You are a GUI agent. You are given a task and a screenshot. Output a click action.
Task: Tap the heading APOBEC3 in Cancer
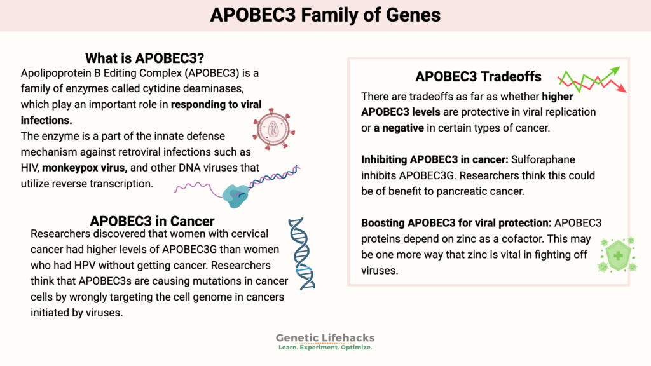pyautogui.click(x=152, y=221)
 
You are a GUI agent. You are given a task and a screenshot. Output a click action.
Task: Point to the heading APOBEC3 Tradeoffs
pyautogui.click(x=478, y=77)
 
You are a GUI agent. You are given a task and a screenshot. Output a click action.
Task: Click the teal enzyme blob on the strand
pyautogui.click(x=238, y=195)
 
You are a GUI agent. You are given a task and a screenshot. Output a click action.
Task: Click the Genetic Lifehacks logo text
pyautogui.click(x=325, y=338)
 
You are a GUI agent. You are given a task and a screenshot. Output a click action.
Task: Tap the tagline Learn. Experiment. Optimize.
pyautogui.click(x=325, y=348)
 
